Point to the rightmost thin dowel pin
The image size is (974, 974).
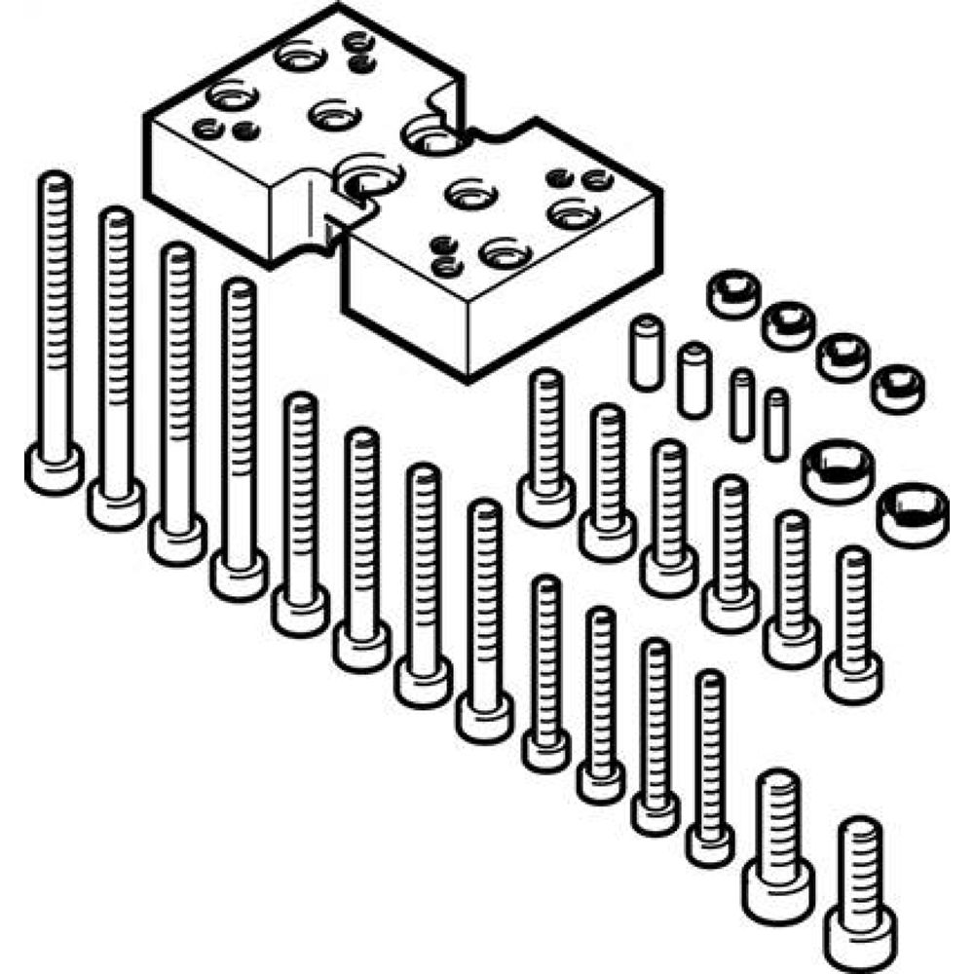coord(775,424)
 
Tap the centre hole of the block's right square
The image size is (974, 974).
coord(465,192)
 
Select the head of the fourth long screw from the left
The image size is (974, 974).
coord(238,576)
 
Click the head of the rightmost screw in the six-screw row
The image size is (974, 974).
coord(853,678)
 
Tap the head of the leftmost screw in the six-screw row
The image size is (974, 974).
coord(545,502)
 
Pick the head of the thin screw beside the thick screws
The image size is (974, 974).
coord(709,843)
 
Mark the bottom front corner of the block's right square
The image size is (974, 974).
coord(468,374)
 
